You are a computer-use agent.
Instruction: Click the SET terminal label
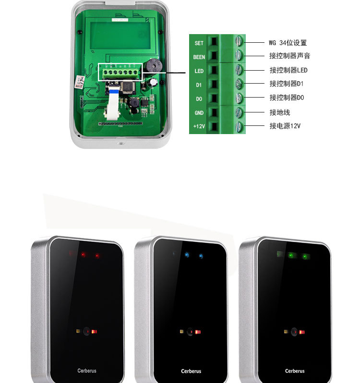point(199,43)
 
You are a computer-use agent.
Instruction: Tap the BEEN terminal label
point(199,57)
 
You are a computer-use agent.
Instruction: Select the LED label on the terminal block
point(199,71)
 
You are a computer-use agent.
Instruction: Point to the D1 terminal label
point(199,85)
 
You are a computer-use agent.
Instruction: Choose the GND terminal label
point(199,112)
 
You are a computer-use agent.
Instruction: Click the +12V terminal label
point(199,126)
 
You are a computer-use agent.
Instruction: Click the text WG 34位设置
point(287,43)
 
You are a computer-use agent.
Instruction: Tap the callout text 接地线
point(279,112)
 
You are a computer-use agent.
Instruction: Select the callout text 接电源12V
point(285,126)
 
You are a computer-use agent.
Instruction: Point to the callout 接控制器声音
point(289,56)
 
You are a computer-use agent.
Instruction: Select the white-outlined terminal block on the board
point(121,72)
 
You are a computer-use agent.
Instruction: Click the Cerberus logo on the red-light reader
point(87,371)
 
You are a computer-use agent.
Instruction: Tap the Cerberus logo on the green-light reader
point(294,371)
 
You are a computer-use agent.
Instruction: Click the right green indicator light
point(304,256)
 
